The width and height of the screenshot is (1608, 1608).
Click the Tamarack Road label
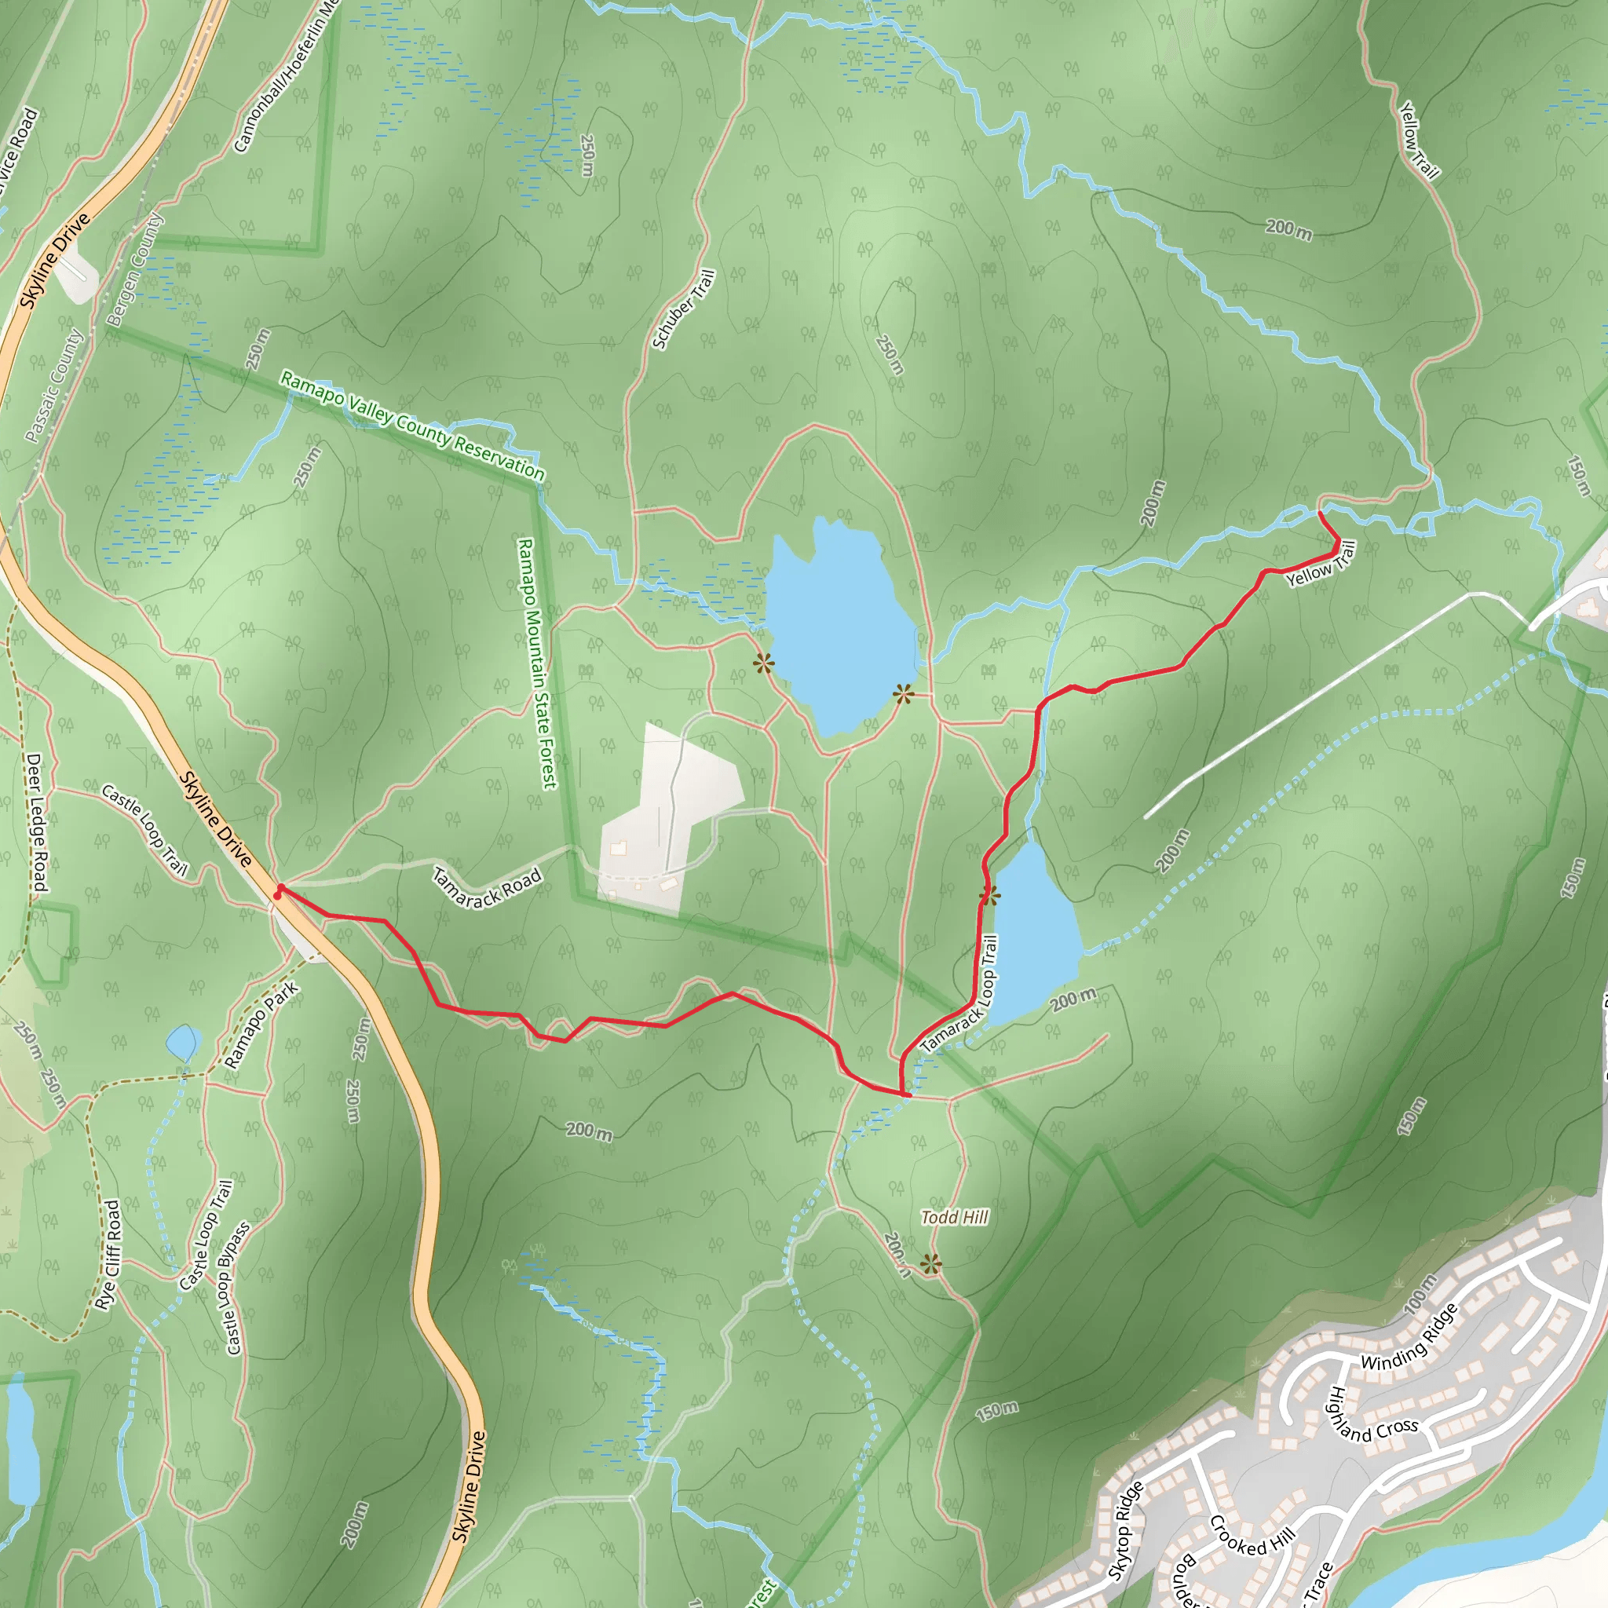487,887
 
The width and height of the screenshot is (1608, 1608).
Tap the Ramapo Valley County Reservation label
413,426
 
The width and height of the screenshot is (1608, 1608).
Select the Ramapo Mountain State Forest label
537,663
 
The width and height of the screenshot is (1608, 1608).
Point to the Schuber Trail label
683,309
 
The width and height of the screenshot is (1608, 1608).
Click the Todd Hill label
955,1217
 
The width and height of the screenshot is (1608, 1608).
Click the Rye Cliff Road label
108,1254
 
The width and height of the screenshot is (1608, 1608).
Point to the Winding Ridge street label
1409,1337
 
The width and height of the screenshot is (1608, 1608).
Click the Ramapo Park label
261,1025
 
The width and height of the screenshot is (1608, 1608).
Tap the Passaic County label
54,385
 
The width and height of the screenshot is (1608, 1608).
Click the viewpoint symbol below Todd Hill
931,1266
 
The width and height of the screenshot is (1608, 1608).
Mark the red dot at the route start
277,896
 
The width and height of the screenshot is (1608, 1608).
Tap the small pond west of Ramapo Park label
183,1041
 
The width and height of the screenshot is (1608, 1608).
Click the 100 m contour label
1420,1294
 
